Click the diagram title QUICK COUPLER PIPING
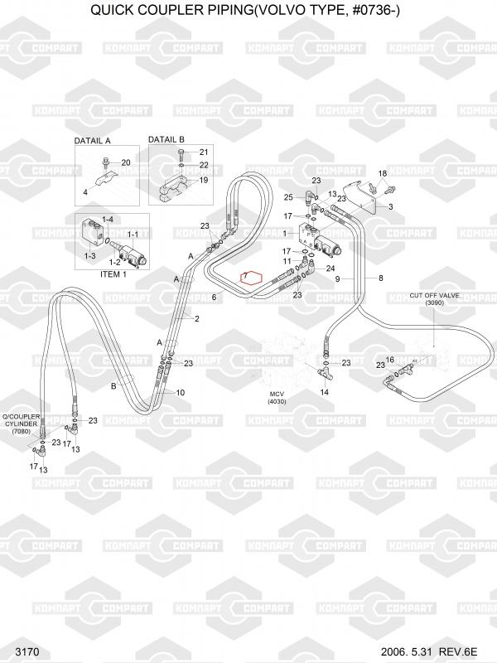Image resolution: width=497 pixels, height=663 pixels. coord(248,11)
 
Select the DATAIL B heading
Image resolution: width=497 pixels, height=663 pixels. coord(166,139)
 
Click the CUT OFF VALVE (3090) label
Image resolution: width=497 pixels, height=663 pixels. coord(434,299)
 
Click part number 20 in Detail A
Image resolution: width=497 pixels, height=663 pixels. coord(126,162)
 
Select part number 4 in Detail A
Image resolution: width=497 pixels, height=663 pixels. coord(85,192)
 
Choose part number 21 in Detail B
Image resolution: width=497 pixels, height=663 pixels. coord(203,152)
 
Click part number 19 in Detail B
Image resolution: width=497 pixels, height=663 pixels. coord(203,180)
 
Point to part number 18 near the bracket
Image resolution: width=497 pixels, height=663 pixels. coord(382,172)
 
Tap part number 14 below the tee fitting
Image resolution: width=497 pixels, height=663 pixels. coord(325,391)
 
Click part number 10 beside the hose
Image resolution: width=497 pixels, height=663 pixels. coord(181,392)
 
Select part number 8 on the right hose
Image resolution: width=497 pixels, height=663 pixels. coord(380,278)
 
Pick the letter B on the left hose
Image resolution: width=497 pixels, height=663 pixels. coord(113,385)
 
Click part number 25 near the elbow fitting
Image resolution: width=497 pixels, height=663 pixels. coord(288,197)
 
